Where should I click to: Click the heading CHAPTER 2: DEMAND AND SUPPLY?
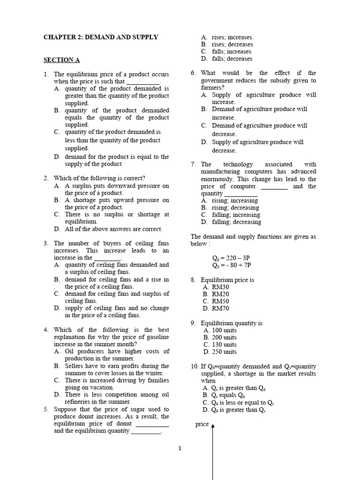[101, 37]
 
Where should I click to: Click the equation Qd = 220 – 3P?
[232, 258]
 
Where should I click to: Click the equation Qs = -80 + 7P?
[232, 265]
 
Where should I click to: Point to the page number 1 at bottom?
[180, 448]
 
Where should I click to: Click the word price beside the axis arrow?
[202, 424]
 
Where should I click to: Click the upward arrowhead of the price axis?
[213, 426]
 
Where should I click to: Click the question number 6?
[193, 73]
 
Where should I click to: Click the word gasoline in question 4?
[157, 337]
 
